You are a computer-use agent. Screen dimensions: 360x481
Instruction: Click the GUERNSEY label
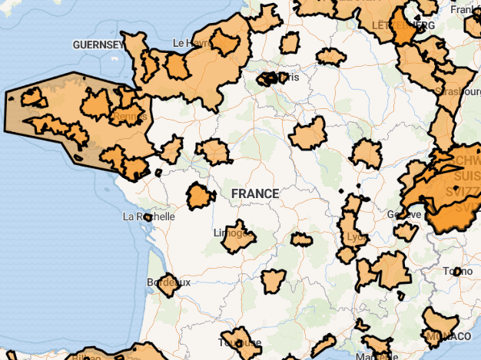tap(98, 45)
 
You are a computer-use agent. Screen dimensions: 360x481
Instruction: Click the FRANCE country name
tap(255, 193)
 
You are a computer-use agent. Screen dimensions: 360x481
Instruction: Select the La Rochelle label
tap(149, 216)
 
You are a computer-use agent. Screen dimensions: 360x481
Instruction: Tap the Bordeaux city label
tap(168, 282)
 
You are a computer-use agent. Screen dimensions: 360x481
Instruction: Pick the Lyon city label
tap(357, 237)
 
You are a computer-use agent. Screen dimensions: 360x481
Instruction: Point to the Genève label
tap(404, 214)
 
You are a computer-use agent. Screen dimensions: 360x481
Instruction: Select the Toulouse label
tap(240, 342)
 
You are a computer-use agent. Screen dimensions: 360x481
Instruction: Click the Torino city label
tap(457, 271)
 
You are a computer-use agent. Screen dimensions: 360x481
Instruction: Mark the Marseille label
tap(377, 355)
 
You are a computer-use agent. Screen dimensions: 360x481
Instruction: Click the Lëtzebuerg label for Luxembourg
tap(403, 25)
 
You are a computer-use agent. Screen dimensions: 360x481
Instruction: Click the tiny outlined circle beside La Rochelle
tap(148, 217)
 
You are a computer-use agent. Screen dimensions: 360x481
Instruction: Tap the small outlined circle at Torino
tap(457, 271)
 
